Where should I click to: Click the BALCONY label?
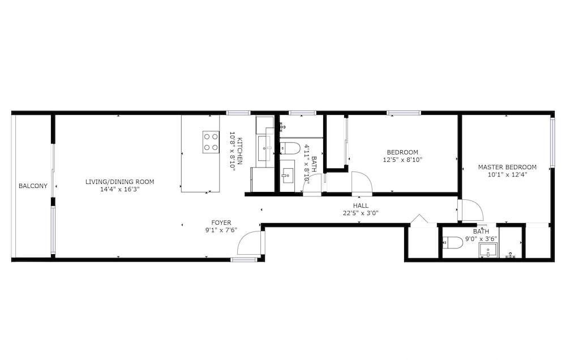tap(33, 186)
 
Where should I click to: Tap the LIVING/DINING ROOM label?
tap(120, 182)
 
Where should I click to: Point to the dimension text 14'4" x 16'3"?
tap(120, 189)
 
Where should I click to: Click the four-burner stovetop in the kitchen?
tap(211, 142)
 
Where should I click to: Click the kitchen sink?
tap(265, 148)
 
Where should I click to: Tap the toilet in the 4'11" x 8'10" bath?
tap(290, 148)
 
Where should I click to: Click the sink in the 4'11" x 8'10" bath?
tap(288, 176)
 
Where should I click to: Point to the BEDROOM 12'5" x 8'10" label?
tap(402, 156)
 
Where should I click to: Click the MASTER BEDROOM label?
tap(507, 167)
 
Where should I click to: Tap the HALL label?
tap(361, 205)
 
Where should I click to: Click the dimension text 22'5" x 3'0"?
tap(361, 213)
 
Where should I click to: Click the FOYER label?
tap(221, 223)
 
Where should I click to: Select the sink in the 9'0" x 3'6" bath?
tap(488, 250)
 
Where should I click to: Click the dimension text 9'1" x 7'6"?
tap(221, 230)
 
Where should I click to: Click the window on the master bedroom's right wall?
tap(552, 143)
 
